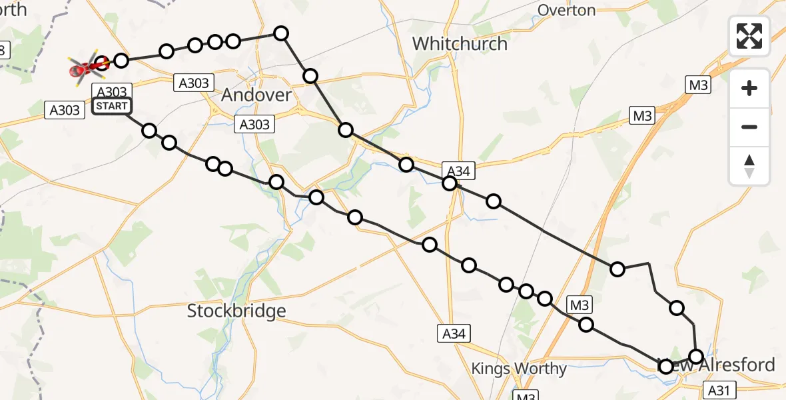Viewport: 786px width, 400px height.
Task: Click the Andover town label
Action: tap(256, 95)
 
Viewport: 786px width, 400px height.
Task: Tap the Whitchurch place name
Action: tap(460, 44)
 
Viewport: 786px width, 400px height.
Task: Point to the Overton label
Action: tap(566, 10)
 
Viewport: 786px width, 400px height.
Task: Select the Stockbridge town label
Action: tap(236, 311)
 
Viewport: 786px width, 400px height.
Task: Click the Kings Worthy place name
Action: tap(519, 369)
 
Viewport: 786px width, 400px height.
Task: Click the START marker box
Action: tap(112, 105)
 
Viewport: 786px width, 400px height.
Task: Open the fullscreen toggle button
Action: tap(749, 36)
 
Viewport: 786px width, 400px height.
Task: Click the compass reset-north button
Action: tap(749, 166)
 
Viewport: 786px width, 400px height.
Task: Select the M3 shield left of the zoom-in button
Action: tap(698, 85)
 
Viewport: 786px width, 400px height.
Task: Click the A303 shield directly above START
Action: tap(110, 91)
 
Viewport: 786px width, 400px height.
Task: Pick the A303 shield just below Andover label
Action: tap(254, 124)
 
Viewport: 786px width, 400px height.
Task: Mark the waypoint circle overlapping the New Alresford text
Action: tap(665, 365)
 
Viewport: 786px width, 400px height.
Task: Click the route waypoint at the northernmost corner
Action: tap(281, 33)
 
